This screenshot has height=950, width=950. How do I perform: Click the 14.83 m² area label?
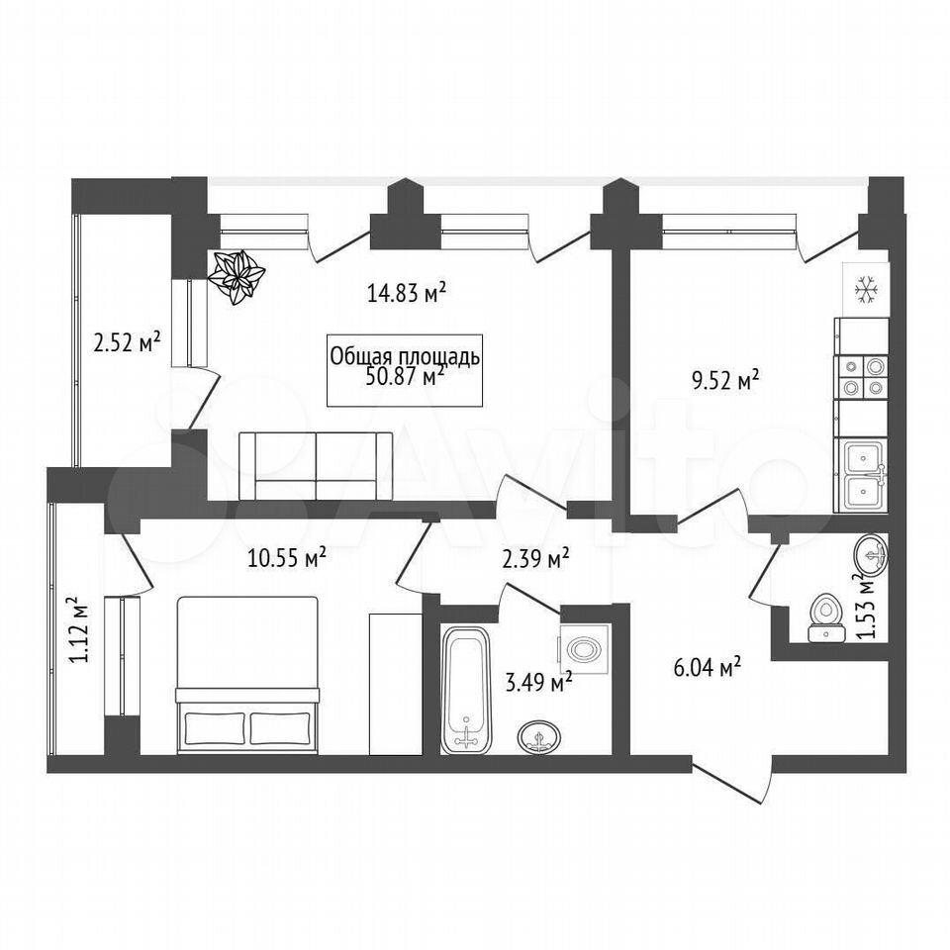tap(407, 293)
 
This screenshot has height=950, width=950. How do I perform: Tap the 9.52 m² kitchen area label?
tap(725, 381)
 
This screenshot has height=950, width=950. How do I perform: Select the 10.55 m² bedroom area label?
tap(287, 558)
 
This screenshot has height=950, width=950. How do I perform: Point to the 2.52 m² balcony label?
tap(127, 343)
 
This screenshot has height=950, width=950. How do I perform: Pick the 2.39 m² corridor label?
tap(535, 558)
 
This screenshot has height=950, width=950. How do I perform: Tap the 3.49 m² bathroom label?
tap(539, 683)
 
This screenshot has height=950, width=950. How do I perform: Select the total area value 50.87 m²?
tap(405, 376)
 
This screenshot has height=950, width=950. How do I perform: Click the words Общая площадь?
tap(405, 357)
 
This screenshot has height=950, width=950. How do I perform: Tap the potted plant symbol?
tap(236, 277)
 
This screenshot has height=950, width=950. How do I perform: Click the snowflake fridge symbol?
tap(866, 289)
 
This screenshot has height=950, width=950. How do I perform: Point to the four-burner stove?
tap(861, 377)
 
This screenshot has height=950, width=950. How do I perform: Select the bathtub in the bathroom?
tap(465, 690)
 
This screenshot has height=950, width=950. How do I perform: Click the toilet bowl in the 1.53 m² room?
tap(825, 617)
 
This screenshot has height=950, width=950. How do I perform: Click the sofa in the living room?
tap(316, 466)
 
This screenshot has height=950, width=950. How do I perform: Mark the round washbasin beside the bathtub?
tap(539, 737)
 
